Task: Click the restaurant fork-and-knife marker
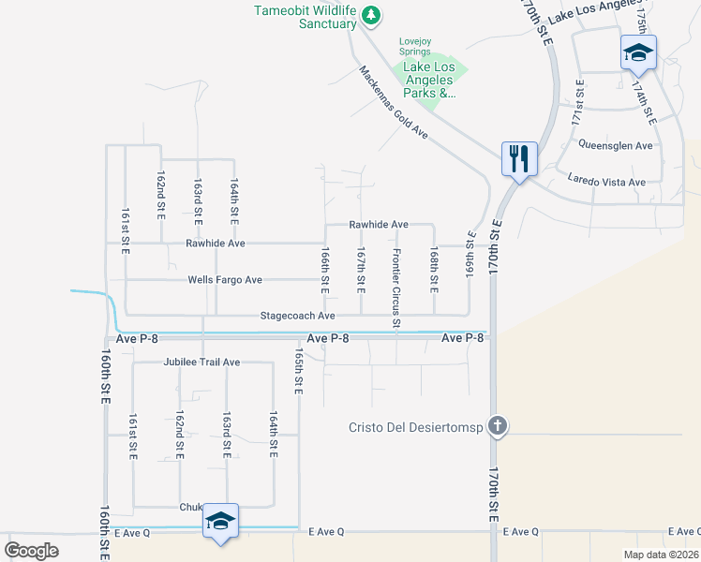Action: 519,157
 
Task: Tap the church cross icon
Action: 498,426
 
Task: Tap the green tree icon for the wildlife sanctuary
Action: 372,14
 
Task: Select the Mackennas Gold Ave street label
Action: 393,103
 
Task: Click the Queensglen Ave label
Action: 615,145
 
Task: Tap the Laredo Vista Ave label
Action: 607,181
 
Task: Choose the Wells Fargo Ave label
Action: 225,279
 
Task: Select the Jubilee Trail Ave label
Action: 201,362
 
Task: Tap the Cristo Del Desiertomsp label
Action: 414,427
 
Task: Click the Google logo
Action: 32,551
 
